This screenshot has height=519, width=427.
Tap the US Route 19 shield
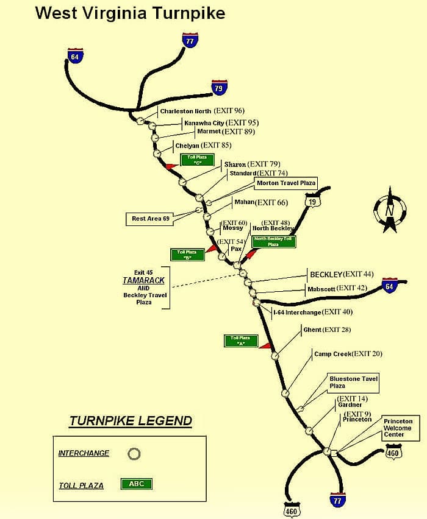point(313,201)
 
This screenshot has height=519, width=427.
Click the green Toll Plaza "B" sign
point(187,255)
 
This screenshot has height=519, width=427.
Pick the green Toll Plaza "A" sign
point(240,341)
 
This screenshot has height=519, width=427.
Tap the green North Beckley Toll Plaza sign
point(273,241)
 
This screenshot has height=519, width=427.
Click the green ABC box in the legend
point(137,484)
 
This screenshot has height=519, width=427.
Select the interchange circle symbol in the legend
point(134,454)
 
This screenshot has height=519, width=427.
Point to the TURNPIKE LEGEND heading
point(131,421)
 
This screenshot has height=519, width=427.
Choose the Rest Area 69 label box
point(151,218)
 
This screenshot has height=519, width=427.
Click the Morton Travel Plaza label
point(286,183)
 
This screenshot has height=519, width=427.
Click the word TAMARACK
point(144,281)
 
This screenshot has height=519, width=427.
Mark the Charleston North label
point(185,111)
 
